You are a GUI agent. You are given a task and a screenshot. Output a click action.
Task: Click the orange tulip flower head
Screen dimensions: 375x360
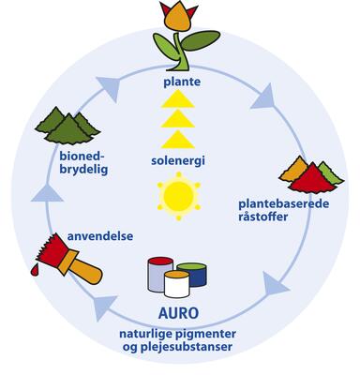click(179, 19)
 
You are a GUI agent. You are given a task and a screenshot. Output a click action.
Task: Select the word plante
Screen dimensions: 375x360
click(179, 83)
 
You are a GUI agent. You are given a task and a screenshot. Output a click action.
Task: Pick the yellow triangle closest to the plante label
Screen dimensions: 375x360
click(179, 101)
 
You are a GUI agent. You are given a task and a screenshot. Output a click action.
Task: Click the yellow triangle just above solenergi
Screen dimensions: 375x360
click(179, 141)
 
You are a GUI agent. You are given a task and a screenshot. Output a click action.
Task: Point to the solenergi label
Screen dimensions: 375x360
click(179, 161)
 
